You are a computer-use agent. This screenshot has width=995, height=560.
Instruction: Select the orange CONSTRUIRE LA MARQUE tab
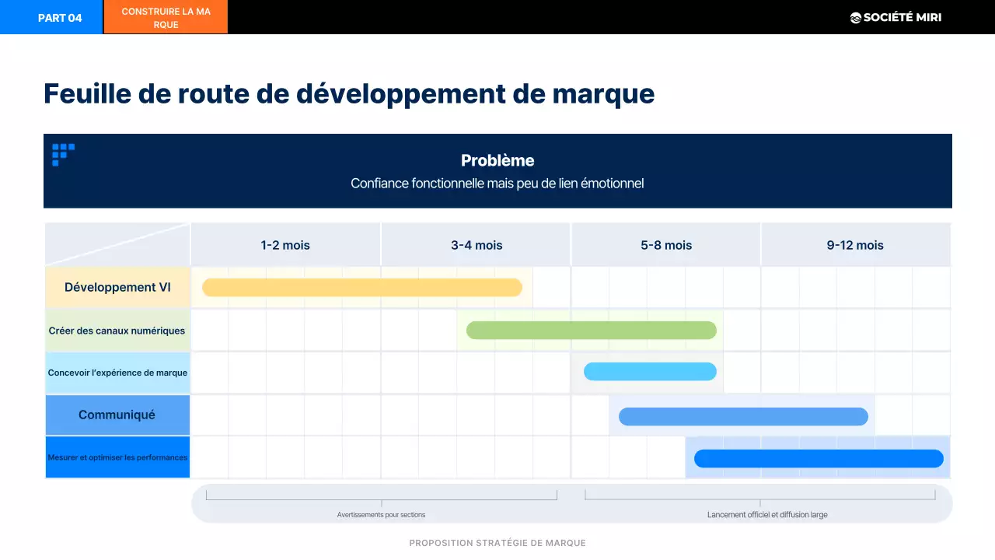coord(166,18)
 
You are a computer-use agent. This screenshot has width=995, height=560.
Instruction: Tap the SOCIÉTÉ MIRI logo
coord(895,17)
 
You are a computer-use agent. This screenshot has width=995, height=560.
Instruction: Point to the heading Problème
coord(497,161)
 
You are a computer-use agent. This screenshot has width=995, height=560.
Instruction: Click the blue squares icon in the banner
coord(62,153)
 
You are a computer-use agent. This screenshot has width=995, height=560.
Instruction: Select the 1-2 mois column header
coord(285,245)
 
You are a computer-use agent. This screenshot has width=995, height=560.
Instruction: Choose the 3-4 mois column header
coord(477,245)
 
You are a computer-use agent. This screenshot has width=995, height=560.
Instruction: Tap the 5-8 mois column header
coord(666,245)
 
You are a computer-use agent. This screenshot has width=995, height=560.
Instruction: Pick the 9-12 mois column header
coord(855,245)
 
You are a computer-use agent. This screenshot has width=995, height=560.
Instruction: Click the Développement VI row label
coord(117,287)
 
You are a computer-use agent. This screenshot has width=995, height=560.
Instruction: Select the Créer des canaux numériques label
coord(117,331)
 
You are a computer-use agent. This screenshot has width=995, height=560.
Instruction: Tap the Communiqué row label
coord(117,415)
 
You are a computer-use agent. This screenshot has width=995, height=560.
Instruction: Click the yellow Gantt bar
coord(361,288)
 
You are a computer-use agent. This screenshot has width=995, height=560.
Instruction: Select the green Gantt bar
coord(591,331)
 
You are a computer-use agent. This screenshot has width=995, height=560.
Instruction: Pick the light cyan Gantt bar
coord(650,372)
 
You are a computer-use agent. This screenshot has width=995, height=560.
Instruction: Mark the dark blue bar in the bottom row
coord(818,459)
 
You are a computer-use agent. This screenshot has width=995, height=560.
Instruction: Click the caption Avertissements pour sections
coord(381,515)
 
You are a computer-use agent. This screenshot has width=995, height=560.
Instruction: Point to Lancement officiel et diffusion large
coord(766,515)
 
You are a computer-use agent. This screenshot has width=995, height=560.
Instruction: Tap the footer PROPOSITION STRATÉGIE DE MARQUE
coord(497,543)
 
